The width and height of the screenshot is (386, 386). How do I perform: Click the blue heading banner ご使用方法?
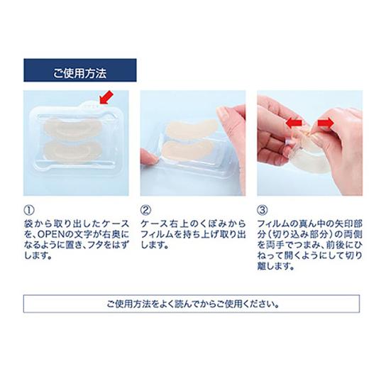[x=80, y=70]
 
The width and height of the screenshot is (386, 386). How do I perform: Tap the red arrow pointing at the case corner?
[x=106, y=97]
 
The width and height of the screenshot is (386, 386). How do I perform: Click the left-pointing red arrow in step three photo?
[x=294, y=122]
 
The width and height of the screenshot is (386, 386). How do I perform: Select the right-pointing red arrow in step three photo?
[x=326, y=122]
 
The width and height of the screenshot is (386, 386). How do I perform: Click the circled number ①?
[x=29, y=210]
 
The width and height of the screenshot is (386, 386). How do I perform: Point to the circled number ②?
[x=145, y=210]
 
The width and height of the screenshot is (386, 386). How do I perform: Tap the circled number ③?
[x=262, y=210]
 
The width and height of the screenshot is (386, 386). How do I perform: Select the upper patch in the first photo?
[x=73, y=128]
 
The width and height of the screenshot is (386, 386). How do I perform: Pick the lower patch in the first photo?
[x=73, y=151]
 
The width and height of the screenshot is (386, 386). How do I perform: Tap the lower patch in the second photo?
[x=187, y=149]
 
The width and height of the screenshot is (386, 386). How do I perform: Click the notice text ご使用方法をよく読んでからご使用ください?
[x=193, y=304]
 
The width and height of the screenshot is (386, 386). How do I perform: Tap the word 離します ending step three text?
[x=276, y=266]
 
